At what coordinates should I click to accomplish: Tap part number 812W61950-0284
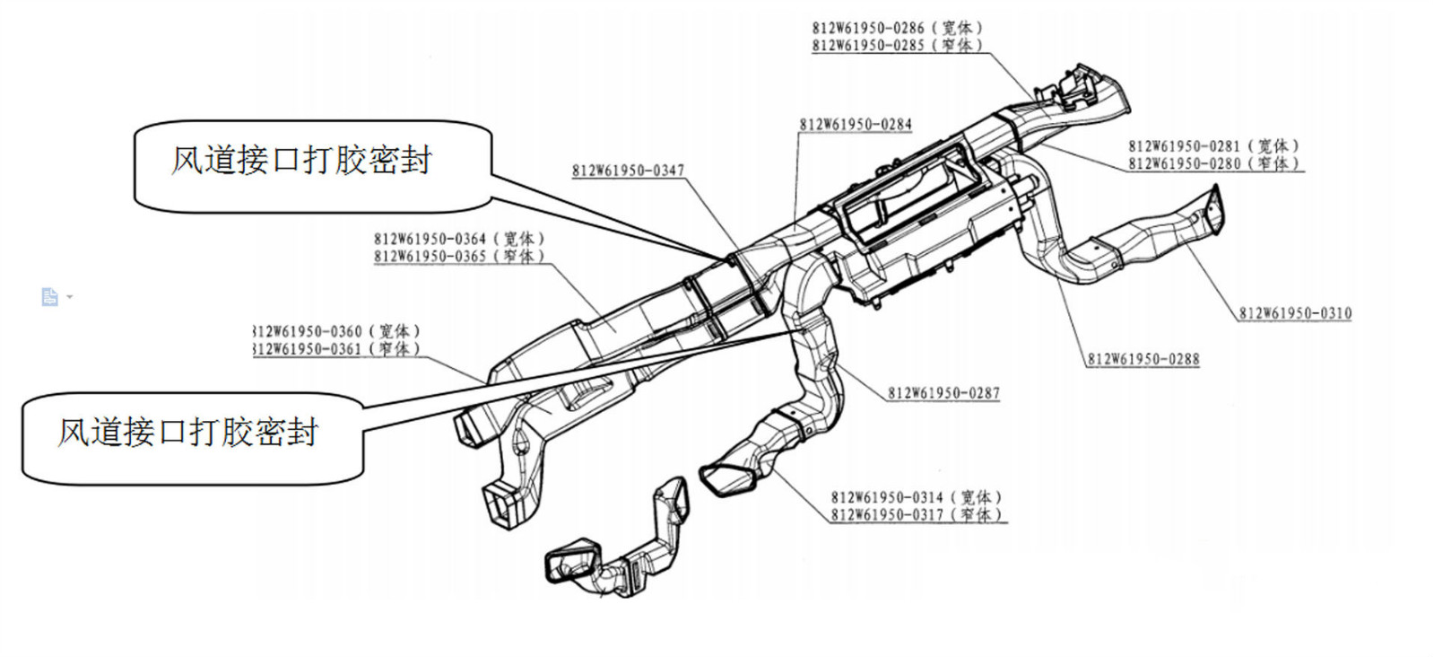(855, 125)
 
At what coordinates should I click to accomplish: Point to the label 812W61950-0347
(628, 171)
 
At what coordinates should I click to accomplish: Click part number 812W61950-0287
(943, 393)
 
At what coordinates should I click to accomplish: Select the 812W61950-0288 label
(1143, 359)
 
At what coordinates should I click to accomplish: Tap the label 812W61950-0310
(1295, 313)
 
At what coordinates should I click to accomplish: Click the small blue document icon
(49, 297)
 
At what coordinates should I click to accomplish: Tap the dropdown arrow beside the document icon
(70, 297)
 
